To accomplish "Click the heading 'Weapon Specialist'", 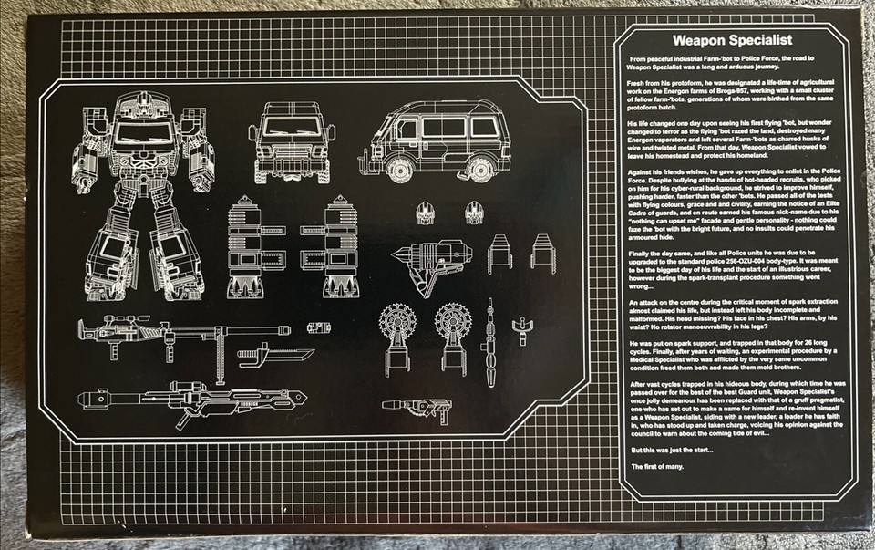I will [x=732, y=41].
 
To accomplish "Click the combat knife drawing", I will [x=274, y=353].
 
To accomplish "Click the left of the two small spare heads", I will [x=424, y=213].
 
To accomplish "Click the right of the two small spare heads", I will [x=472, y=213].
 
